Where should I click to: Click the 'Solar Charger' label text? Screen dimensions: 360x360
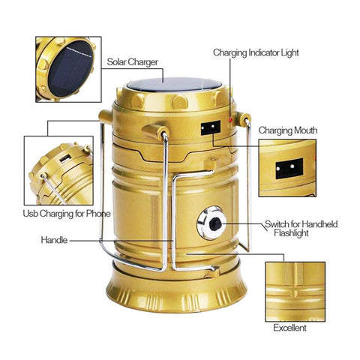pos(133,62)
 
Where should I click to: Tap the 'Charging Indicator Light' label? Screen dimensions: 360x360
pos(256,53)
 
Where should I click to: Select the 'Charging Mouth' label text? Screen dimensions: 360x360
pos(288,130)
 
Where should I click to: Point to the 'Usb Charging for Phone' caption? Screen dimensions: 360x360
pos(67,214)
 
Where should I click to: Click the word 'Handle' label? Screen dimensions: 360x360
pos(54,240)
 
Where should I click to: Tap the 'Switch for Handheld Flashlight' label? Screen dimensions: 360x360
pos(301,228)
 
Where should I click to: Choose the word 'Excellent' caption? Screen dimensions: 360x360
pos(289,328)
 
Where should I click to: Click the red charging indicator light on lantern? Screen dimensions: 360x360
pos(230,120)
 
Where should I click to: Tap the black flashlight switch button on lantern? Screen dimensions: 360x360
pos(215,224)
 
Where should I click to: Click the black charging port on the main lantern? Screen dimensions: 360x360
pos(211,127)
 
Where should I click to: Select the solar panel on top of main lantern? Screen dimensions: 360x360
pos(174,85)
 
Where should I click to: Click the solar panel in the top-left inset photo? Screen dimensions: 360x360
pos(70,68)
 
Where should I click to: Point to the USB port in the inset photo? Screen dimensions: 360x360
pos(65,159)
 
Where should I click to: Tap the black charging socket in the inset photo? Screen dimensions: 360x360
pos(289,169)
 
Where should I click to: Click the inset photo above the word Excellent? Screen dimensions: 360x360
pos(295,292)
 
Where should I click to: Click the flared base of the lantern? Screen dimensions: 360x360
pos(176,292)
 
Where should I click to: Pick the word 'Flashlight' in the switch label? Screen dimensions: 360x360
pos(291,233)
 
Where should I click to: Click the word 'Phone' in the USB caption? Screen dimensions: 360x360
pos(98,214)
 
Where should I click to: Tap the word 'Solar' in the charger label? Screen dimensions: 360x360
pos(116,61)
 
